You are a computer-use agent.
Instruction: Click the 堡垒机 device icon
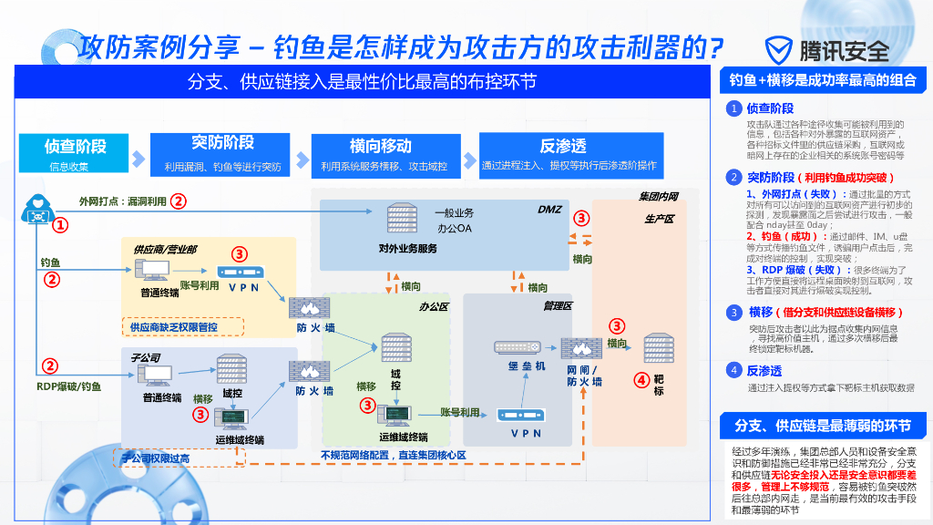tap(518, 347)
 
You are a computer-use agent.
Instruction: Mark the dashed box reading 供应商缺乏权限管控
tap(182, 326)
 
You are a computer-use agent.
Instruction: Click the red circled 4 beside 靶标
tap(641, 380)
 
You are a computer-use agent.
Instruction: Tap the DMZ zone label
tap(549, 209)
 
